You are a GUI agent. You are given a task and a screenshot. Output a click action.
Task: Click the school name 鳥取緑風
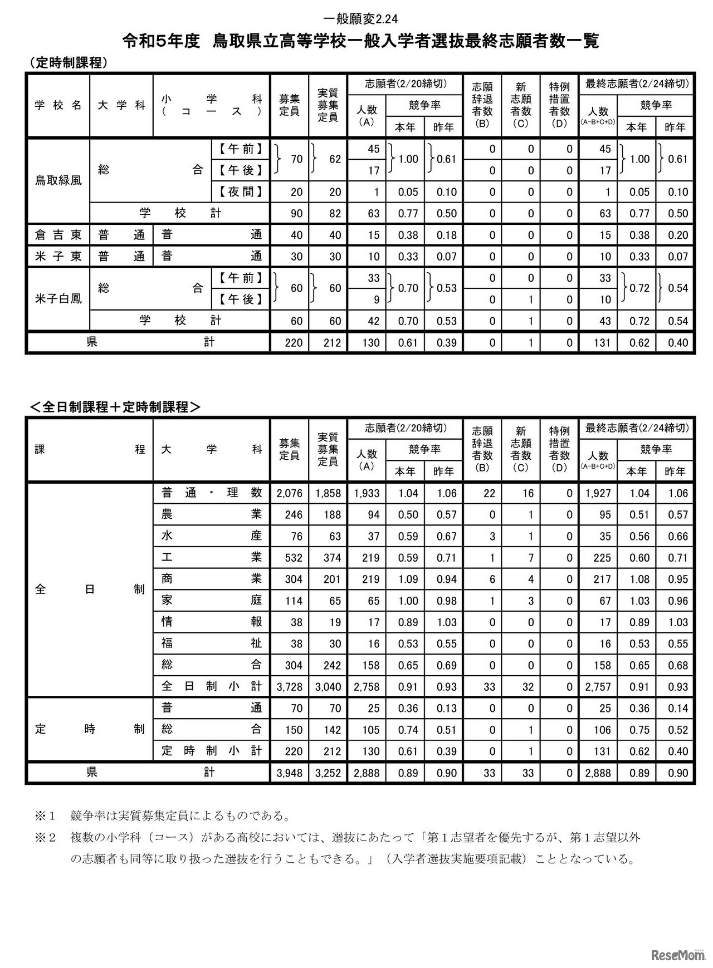click(58, 180)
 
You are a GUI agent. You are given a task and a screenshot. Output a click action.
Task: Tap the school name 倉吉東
click(58, 235)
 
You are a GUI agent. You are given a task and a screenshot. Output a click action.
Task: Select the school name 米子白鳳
click(58, 299)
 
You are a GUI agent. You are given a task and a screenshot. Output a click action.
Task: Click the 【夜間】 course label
click(240, 192)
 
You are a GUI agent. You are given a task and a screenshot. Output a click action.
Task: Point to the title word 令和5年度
click(162, 41)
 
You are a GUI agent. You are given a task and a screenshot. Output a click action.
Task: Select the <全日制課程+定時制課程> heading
click(115, 407)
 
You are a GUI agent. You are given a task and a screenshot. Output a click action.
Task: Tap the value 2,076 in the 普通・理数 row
click(289, 493)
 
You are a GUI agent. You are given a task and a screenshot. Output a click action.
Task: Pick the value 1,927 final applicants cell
click(598, 493)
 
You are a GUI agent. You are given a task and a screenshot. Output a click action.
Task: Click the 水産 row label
click(211, 536)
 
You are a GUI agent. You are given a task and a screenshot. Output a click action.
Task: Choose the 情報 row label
click(211, 622)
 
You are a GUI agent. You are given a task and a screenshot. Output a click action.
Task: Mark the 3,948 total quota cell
click(289, 773)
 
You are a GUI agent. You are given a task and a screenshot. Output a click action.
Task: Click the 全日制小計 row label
click(211, 686)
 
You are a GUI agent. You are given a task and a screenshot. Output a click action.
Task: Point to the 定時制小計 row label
click(211, 751)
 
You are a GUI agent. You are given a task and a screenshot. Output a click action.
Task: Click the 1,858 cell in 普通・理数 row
click(328, 493)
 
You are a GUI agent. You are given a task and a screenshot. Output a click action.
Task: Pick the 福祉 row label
click(211, 643)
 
